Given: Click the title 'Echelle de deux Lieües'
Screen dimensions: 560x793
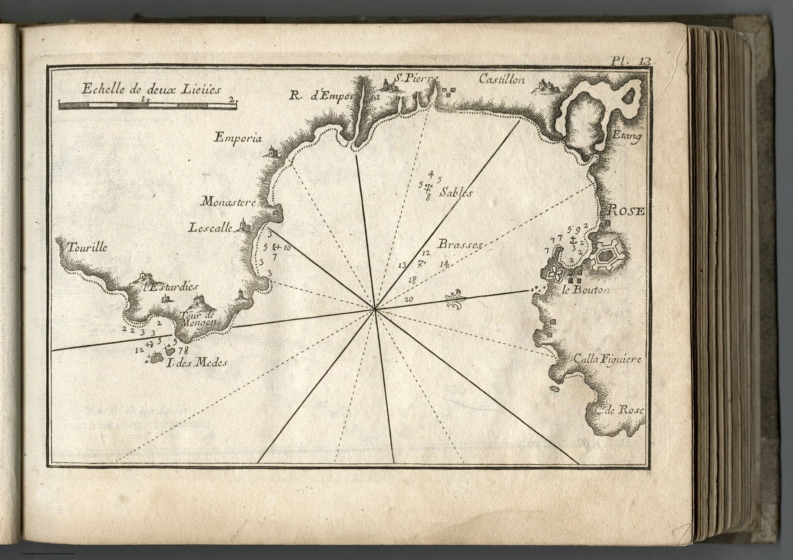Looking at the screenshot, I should (151, 89).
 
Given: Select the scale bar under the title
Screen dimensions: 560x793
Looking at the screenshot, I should (148, 105).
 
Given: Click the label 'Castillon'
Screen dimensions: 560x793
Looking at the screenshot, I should (501, 79).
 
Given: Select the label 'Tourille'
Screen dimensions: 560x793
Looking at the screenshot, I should (86, 247).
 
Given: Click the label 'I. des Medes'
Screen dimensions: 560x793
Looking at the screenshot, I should (197, 363).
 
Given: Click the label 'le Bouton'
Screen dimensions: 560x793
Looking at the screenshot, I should (586, 290).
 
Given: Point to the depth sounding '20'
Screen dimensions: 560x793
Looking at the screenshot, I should (409, 299).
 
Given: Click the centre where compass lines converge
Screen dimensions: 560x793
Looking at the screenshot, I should (375, 310).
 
